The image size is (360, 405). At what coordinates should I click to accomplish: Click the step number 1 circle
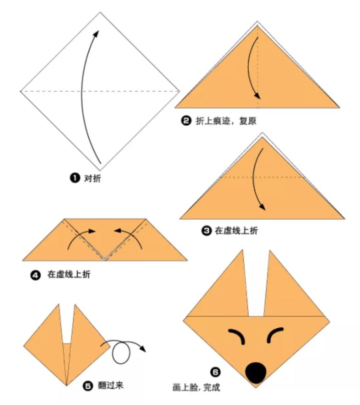[x=75, y=178]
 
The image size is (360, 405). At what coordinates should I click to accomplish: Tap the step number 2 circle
[x=186, y=120]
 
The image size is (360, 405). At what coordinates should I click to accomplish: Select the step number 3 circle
[x=206, y=230]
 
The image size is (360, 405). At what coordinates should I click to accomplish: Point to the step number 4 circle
[x=36, y=275]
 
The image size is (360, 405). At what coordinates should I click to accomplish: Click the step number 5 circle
[x=88, y=386]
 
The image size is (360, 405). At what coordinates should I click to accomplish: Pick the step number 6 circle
[x=215, y=372]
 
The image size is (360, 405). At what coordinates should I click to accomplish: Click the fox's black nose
[x=255, y=373]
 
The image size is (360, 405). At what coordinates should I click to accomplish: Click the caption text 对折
[x=93, y=178]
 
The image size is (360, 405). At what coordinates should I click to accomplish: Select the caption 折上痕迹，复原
[x=226, y=120]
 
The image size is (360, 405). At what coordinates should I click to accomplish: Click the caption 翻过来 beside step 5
[x=110, y=386]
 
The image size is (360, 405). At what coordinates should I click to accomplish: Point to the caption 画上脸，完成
[x=196, y=387]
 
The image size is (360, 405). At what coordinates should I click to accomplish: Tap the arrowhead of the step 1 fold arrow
[x=96, y=34]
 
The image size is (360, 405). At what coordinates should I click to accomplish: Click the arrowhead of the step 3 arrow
[x=262, y=207]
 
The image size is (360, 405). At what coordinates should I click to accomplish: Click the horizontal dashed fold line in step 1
[x=100, y=91]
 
